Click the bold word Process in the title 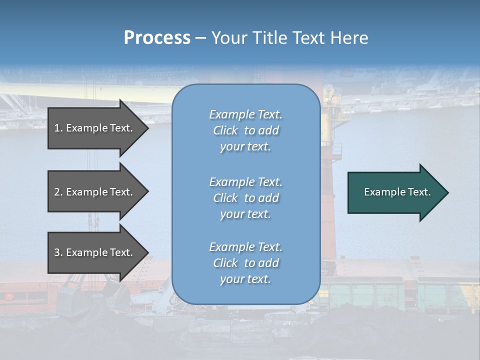[157, 38]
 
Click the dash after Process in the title [201, 38]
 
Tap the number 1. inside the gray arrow [58, 128]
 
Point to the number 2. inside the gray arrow [58, 192]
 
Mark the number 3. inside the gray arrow [58, 252]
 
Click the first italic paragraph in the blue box [245, 130]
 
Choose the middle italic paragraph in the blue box [245, 198]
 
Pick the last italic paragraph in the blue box [245, 263]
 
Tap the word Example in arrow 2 [86, 192]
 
